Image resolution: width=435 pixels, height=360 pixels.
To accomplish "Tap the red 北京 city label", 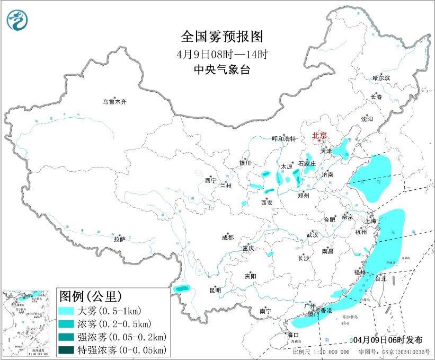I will pos(320,135).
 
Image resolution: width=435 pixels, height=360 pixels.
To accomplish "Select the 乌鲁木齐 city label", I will pos(115,102).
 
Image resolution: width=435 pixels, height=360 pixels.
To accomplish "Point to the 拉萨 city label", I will pos(119,239).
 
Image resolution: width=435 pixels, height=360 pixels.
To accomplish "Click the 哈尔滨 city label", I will pos(381,78).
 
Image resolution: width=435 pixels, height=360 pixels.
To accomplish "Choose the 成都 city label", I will pos(228,238).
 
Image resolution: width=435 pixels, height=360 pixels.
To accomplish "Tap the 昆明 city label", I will pos(215,290).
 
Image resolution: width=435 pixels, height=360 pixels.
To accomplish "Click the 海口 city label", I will pos(293,335).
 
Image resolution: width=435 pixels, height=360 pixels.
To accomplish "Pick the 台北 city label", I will pos(381,278).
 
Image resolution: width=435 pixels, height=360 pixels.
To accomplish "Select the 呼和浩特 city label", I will pos(286,139).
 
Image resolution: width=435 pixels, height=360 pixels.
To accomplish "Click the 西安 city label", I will pos(267,202).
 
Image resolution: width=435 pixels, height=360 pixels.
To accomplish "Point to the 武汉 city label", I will pos(313,234).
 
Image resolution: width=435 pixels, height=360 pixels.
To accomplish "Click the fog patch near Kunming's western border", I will pos(183,288).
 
